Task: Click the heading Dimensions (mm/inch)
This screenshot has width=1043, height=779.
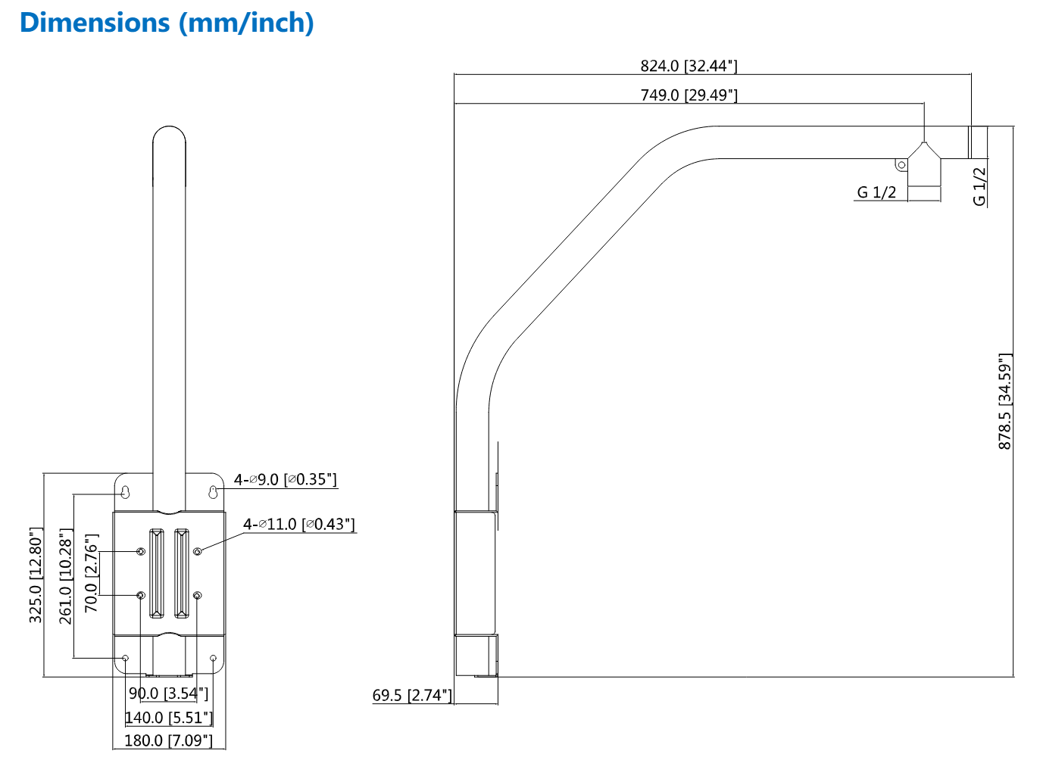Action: click(x=167, y=23)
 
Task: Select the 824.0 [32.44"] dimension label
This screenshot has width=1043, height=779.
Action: click(x=689, y=66)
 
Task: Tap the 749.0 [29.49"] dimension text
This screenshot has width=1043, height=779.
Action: click(x=689, y=95)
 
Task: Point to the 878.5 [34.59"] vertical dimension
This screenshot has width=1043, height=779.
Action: click(x=1004, y=401)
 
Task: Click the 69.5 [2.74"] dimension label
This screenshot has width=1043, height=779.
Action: click(x=412, y=695)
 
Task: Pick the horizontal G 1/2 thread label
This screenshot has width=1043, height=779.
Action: click(x=876, y=192)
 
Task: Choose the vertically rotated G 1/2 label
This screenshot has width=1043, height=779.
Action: click(x=979, y=186)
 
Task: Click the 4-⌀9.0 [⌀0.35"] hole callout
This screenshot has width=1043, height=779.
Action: click(x=285, y=479)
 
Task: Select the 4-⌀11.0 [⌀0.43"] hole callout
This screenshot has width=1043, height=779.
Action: click(x=298, y=524)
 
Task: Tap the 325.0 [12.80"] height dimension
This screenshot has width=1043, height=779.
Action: click(x=36, y=575)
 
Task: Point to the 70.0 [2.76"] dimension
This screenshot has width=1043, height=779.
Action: click(x=91, y=573)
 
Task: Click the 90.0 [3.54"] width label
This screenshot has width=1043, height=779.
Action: click(x=168, y=693)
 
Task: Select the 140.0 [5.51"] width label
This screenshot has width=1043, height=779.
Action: click(x=168, y=717)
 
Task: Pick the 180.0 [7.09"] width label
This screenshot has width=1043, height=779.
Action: click(x=168, y=740)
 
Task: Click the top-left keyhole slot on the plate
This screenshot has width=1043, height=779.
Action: click(x=126, y=492)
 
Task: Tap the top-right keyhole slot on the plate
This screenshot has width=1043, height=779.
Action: click(x=214, y=492)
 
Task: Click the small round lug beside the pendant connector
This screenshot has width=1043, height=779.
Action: click(x=901, y=164)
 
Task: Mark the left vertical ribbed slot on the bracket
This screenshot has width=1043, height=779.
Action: click(x=156, y=573)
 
